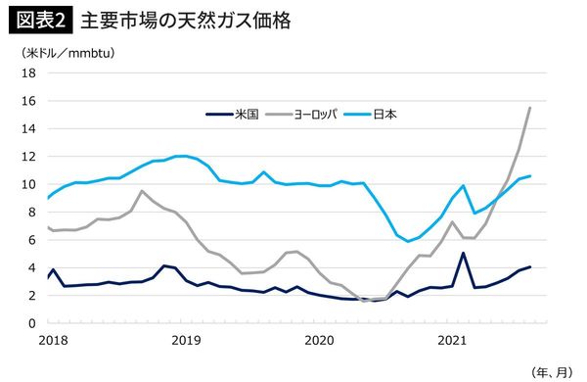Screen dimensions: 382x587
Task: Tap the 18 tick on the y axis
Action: coord(28,73)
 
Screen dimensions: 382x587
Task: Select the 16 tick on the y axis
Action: coord(28,101)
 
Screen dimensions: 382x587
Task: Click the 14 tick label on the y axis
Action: coord(28,128)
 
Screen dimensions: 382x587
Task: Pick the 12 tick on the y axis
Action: coord(28,157)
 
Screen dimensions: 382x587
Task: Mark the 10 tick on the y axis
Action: coord(28,184)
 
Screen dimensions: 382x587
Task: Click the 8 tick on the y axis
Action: coord(31,212)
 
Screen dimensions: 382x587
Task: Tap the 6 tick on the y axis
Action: coord(31,240)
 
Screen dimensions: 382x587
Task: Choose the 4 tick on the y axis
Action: coord(31,267)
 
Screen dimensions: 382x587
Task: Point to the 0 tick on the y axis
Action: coord(31,323)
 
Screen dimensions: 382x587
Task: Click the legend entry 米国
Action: coord(245,114)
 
